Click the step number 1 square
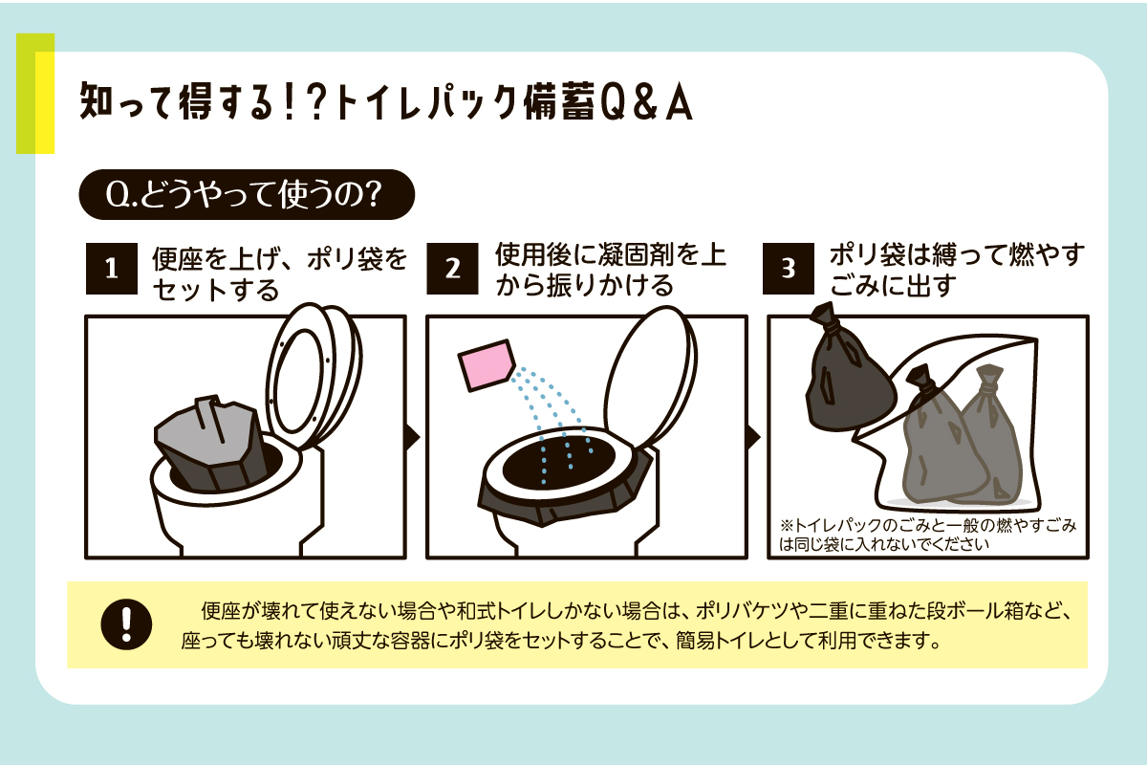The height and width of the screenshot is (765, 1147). click(x=112, y=269)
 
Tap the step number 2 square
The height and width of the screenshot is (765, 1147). click(x=453, y=269)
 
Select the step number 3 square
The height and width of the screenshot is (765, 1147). click(x=789, y=269)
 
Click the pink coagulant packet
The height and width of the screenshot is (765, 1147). click(x=486, y=365)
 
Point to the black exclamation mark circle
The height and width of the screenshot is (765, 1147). click(x=126, y=624)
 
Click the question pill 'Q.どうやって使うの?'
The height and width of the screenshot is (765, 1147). click(x=247, y=195)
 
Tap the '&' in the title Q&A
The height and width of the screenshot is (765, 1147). click(x=647, y=104)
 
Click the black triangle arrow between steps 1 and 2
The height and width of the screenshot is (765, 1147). click(x=413, y=437)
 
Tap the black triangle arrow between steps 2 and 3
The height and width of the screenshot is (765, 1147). click(x=754, y=437)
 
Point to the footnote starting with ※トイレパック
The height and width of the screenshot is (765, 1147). click(x=928, y=534)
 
